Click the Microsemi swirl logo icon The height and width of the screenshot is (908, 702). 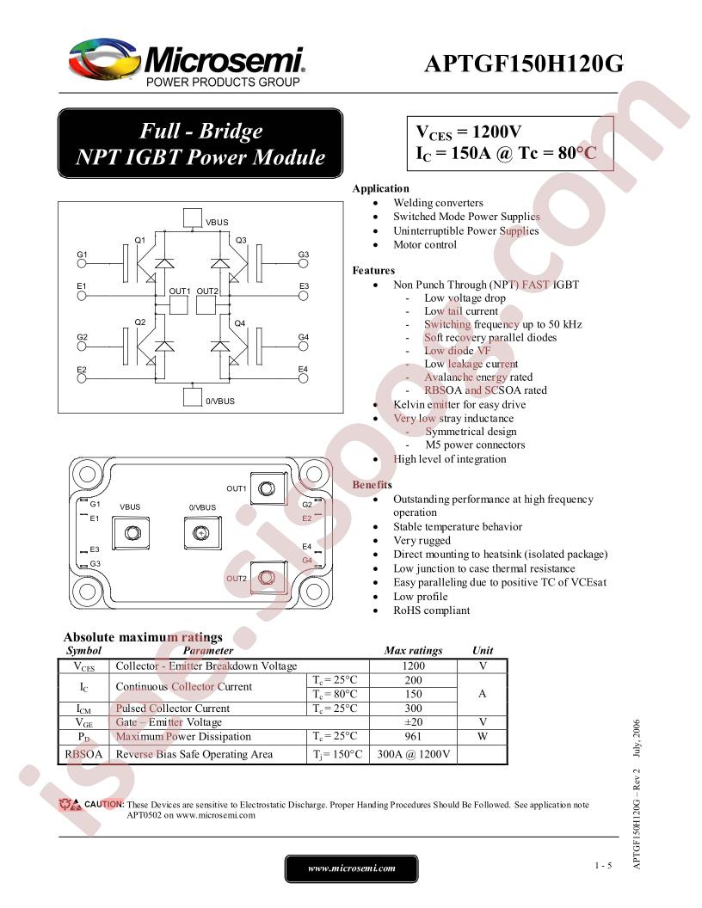(104, 59)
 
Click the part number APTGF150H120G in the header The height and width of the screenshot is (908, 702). (524, 63)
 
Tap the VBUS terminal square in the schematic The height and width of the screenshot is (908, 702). (193, 218)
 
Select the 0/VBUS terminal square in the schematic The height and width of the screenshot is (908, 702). (193, 396)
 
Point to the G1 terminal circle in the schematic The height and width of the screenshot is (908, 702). (82, 263)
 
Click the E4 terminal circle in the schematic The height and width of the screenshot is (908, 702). (303, 378)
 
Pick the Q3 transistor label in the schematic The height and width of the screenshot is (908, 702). (241, 240)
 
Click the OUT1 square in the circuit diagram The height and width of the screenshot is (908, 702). (179, 305)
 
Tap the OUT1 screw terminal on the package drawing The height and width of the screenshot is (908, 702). (268, 488)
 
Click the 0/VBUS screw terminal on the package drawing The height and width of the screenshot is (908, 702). (201, 532)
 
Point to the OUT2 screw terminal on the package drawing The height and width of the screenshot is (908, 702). (268, 577)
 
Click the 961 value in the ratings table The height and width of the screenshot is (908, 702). (413, 736)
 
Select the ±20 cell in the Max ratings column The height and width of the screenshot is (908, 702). (413, 722)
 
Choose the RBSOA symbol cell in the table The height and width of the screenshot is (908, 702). (83, 754)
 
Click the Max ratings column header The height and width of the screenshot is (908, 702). (413, 650)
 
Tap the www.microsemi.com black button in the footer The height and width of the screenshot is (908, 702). (352, 868)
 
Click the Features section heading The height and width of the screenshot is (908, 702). (373, 271)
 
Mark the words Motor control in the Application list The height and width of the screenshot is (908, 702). (425, 244)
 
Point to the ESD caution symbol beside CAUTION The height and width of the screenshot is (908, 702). (70, 804)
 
